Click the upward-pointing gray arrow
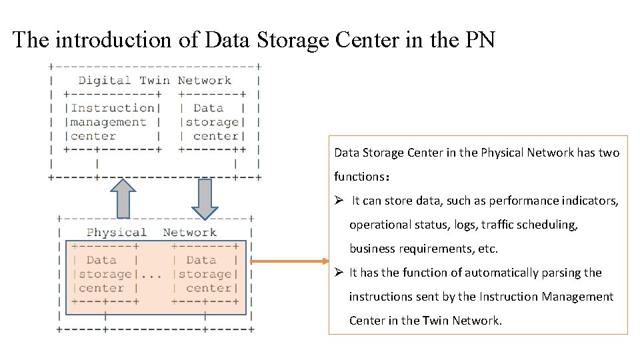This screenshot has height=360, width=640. (123, 198)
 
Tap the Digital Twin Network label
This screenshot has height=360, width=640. (155, 81)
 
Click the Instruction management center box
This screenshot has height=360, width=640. (112, 122)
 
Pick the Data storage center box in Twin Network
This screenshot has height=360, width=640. (212, 122)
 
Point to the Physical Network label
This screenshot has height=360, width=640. (151, 233)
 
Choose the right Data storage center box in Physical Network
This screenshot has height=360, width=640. (205, 275)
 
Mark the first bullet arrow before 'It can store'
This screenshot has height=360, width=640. (339, 201)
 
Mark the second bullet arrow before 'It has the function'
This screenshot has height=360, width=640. (339, 273)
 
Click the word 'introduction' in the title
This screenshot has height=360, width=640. (115, 40)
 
